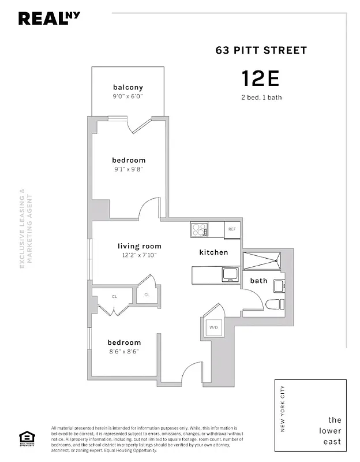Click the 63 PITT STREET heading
click(x=261, y=50)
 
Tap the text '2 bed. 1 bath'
click(x=261, y=97)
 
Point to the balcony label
click(x=128, y=87)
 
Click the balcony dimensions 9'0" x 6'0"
click(x=128, y=96)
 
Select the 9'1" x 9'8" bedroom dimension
click(x=128, y=170)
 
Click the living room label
click(x=140, y=246)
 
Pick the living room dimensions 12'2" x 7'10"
click(x=140, y=255)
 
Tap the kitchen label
click(x=213, y=252)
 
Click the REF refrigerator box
click(x=232, y=229)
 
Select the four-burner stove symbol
click(x=199, y=230)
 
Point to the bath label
click(x=258, y=281)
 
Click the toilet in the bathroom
click(x=274, y=304)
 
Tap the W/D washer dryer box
click(x=213, y=328)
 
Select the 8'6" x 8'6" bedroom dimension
click(x=124, y=351)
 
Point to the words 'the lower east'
click(x=335, y=431)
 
